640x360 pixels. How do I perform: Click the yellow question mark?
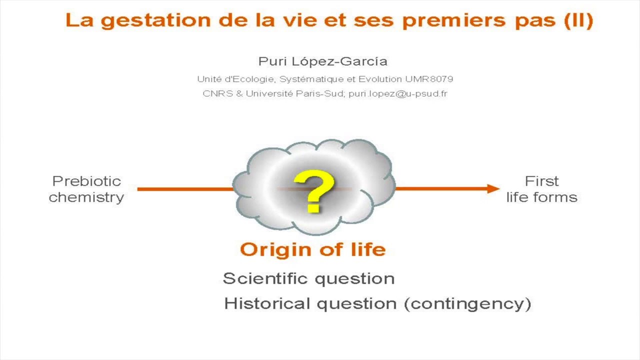(x=314, y=191)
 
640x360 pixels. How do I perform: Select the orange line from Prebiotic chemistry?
(x=185, y=189)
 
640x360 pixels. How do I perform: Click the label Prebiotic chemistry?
(x=86, y=189)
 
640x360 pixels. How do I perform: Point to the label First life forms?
(x=541, y=189)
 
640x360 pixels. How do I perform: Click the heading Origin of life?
(x=313, y=249)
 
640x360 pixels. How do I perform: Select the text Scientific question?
(x=308, y=278)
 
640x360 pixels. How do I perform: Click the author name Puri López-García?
(x=322, y=61)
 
